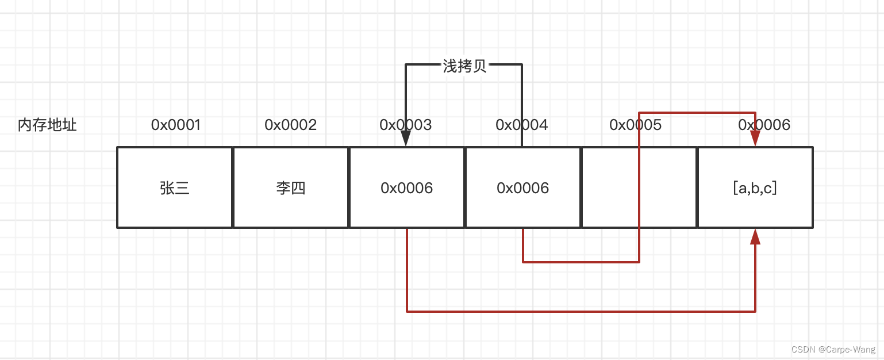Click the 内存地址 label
click(47, 125)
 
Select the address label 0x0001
click(175, 125)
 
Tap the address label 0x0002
click(290, 125)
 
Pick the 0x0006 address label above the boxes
click(776, 125)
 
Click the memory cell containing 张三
click(175, 187)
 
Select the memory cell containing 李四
click(290, 187)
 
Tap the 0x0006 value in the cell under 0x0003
click(406, 187)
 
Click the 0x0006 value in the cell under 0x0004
click(522, 187)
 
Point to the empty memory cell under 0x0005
click(609, 187)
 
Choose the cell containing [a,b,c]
click(755, 187)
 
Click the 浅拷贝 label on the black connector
click(464, 66)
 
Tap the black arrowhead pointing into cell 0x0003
click(406, 139)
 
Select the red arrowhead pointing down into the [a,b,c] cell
click(755, 139)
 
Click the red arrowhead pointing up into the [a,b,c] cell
click(755, 236)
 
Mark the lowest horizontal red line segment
click(581, 311)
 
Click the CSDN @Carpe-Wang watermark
click(833, 349)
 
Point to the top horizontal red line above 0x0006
click(697, 112)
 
